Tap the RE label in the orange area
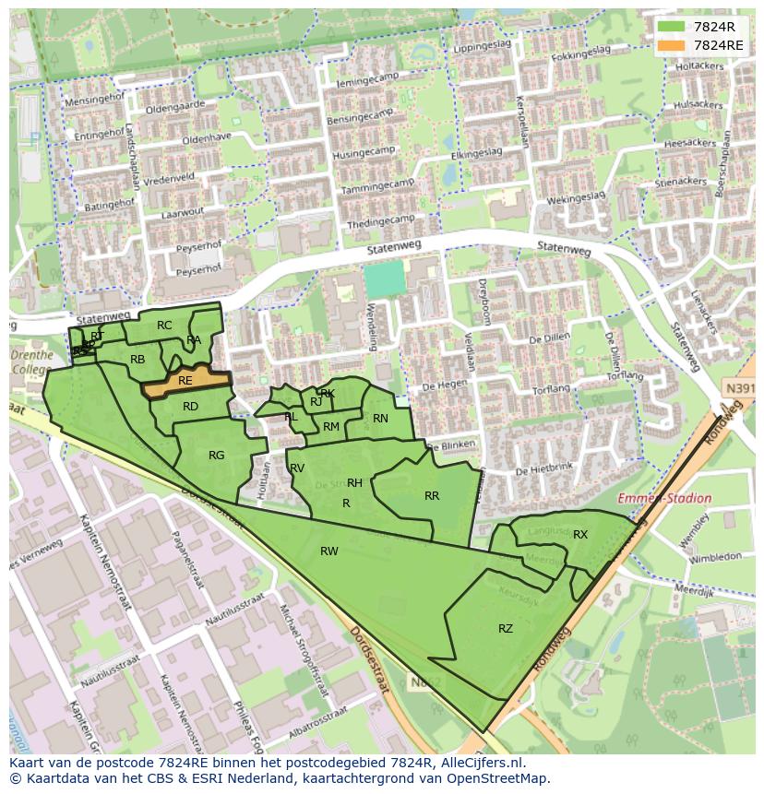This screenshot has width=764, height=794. pos(185,380)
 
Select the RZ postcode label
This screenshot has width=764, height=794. pos(506,629)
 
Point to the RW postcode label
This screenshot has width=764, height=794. pos(328,551)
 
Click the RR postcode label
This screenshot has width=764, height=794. pos(432,496)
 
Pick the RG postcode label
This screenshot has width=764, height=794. pos(216,456)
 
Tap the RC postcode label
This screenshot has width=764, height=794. pos(164,326)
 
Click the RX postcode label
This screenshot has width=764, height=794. pos(580,535)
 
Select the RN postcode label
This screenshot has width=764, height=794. pos(380,419)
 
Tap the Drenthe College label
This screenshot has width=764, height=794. pos(30,362)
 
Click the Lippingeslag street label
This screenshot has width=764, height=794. pos(482,44)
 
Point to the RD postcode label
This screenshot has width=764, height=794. pos(190,407)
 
